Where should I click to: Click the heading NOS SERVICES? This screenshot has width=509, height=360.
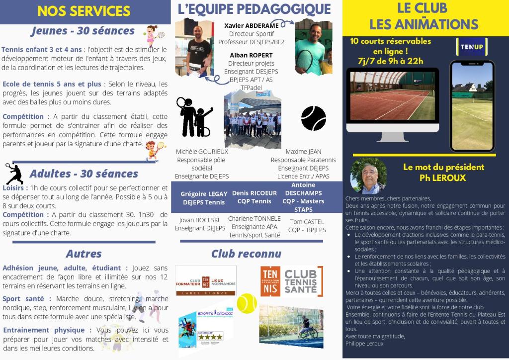[84, 11]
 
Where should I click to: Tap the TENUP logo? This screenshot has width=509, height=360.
[472, 47]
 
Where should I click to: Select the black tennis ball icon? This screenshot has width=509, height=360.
[314, 118]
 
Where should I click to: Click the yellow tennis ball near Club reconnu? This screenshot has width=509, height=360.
[247, 303]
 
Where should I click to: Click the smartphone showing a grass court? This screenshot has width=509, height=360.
[472, 105]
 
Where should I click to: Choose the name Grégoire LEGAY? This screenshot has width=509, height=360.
[204, 194]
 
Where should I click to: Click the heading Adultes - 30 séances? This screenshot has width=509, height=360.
[84, 174]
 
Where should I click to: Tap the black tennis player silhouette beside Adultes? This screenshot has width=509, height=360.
[14, 174]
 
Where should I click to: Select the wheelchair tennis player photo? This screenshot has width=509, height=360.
[291, 326]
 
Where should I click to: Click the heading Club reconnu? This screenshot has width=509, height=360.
[246, 254]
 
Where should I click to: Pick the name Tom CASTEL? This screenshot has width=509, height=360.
[307, 221]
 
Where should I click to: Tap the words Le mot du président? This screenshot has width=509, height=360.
[443, 168]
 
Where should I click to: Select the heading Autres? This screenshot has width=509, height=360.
[84, 254]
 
